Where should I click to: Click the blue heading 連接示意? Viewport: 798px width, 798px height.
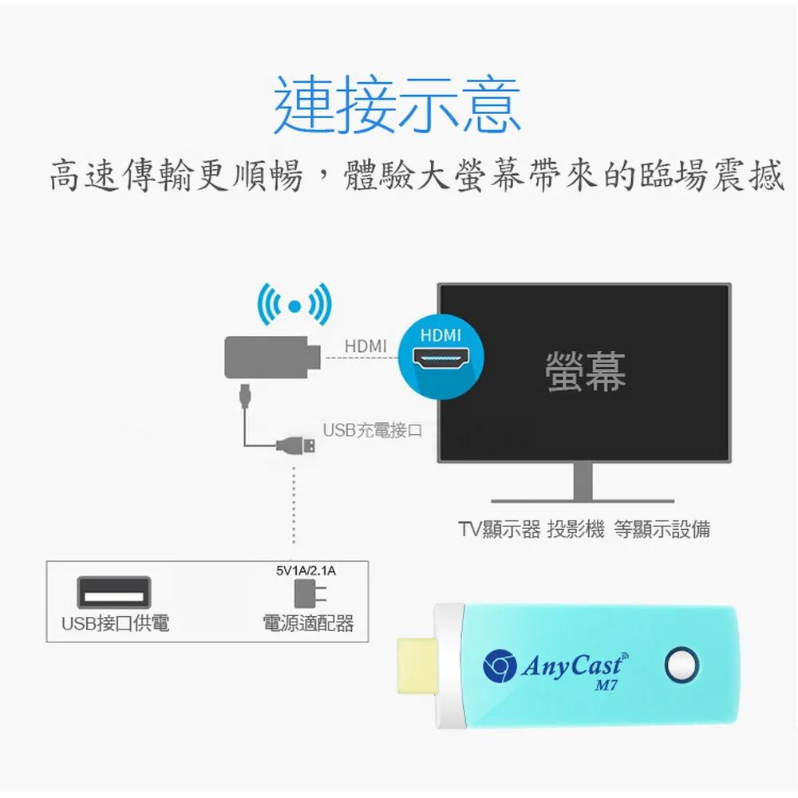click(x=397, y=105)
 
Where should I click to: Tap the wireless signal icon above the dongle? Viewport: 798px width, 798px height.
click(x=294, y=304)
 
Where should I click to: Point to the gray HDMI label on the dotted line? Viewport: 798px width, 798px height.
click(x=365, y=346)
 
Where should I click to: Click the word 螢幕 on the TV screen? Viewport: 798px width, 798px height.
click(x=585, y=372)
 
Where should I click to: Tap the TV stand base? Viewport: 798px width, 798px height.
click(x=583, y=500)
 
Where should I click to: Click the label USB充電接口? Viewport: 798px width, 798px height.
click(x=371, y=431)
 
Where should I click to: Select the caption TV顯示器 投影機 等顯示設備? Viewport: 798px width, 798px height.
click(x=583, y=529)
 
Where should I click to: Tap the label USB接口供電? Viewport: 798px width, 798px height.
click(x=116, y=623)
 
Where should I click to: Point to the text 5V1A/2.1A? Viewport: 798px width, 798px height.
click(x=306, y=571)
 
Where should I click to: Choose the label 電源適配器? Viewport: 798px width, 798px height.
click(x=308, y=623)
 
